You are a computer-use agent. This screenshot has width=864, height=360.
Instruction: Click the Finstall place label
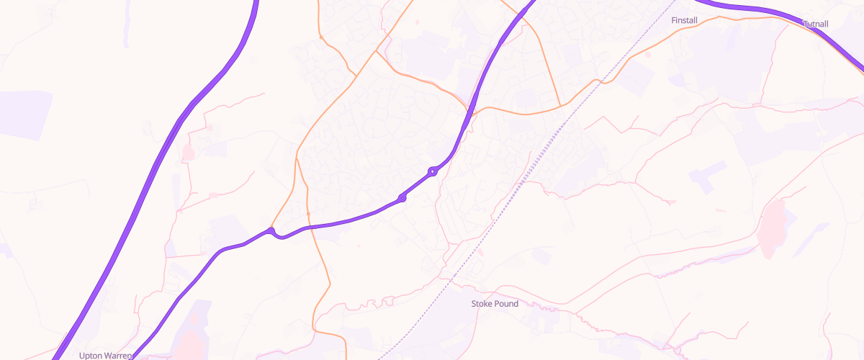point(684,20)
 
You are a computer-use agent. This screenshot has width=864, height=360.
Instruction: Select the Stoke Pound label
point(495,304)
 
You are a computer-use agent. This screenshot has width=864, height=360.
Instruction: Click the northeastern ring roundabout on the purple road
point(433,171)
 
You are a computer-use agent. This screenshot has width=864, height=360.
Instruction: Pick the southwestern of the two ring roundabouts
point(402,197)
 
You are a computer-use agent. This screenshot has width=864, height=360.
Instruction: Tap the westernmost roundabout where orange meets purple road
point(271,231)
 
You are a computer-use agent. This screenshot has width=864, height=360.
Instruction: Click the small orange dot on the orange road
point(308,214)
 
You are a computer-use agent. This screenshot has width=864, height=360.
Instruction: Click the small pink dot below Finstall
point(647,53)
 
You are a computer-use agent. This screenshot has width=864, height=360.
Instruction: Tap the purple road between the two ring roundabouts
point(418,184)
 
